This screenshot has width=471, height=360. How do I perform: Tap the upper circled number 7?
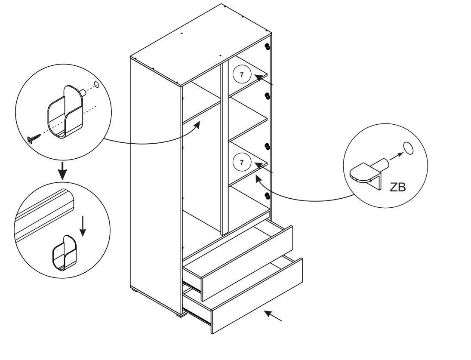(242, 74)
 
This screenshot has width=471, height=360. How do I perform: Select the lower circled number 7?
(242, 162)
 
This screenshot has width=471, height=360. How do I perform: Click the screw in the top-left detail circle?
(33, 138)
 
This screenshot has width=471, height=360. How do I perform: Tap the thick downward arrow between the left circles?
(63, 170)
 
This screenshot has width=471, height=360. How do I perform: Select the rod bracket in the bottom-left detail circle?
(63, 253)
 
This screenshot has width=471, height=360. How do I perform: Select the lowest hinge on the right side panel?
(267, 196)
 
